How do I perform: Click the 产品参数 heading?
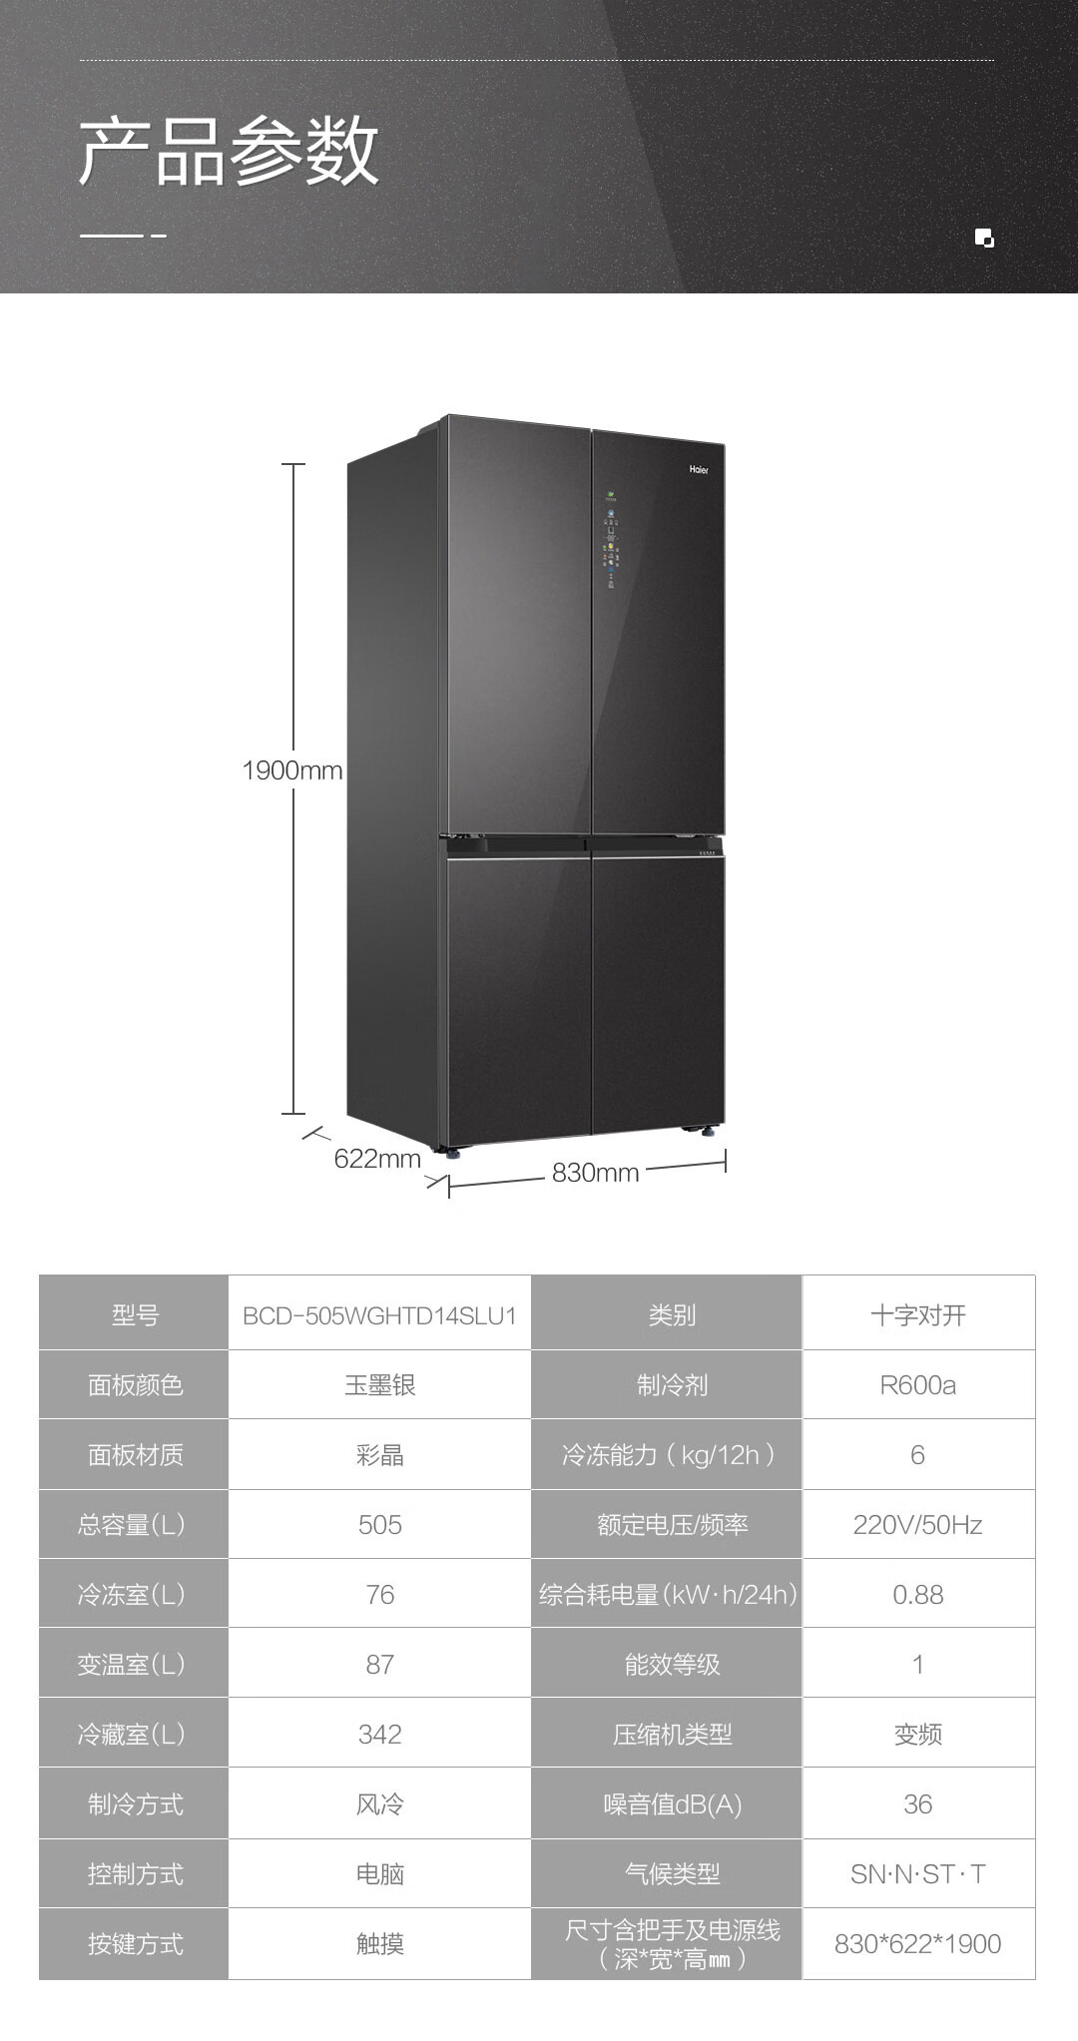pyautogui.click(x=229, y=152)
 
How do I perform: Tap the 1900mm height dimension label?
pyautogui.click(x=291, y=770)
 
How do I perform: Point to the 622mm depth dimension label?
pyautogui.click(x=377, y=1159)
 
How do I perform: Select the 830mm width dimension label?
pyautogui.click(x=595, y=1173)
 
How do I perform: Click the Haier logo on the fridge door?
pyautogui.click(x=699, y=469)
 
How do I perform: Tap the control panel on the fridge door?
pyautogui.click(x=609, y=539)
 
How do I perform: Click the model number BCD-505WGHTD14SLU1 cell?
pyautogui.click(x=379, y=1315)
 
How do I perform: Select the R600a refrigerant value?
pyautogui.click(x=917, y=1385)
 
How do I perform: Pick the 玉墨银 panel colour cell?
pyautogui.click(x=379, y=1385)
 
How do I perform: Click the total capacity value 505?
pyautogui.click(x=379, y=1525)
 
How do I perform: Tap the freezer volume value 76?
pyautogui.click(x=379, y=1595)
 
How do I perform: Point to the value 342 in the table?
pyautogui.click(x=379, y=1735)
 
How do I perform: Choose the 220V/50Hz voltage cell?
pyautogui.click(x=917, y=1525)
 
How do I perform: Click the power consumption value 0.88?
pyautogui.click(x=917, y=1595)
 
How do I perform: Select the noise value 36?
pyautogui.click(x=917, y=1804)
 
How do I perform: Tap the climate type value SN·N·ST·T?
pyautogui.click(x=917, y=1874)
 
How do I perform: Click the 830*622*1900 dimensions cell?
pyautogui.click(x=917, y=1944)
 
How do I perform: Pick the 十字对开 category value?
pyautogui.click(x=917, y=1315)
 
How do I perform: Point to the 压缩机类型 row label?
pyautogui.click(x=672, y=1735)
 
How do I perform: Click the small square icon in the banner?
pyautogui.click(x=984, y=238)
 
